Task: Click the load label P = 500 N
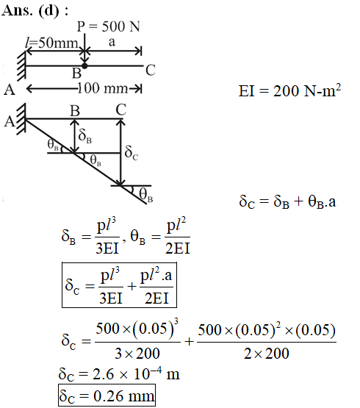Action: point(109,26)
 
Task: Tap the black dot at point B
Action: point(84,66)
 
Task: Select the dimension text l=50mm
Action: point(51,43)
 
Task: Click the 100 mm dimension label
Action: point(103,88)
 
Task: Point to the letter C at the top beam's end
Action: point(151,71)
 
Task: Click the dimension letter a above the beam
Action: point(112,42)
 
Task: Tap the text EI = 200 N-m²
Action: point(289,90)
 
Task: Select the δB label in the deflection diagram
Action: point(84,136)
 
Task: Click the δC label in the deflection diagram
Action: point(131,153)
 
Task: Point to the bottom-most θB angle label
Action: point(145,195)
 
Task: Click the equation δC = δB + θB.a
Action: point(287,201)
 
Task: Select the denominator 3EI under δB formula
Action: point(107,248)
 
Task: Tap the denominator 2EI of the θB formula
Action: point(178,248)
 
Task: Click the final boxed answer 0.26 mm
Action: point(107,396)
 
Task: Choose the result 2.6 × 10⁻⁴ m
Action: point(119,374)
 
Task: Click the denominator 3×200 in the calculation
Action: point(137,354)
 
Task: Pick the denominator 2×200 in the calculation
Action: point(267,354)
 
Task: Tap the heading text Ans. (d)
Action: point(35,11)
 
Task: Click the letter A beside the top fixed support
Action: point(10,90)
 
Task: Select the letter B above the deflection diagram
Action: point(75,111)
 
